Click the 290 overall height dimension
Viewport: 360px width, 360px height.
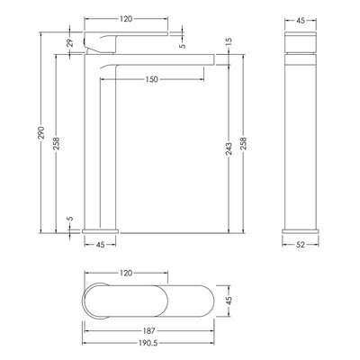click(x=41, y=132)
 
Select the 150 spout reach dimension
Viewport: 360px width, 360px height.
click(x=152, y=79)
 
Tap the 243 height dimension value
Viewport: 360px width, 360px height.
click(x=229, y=148)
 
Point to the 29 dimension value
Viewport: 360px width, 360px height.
click(x=70, y=43)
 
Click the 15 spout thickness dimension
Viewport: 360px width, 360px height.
click(x=229, y=41)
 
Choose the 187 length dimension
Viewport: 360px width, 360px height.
click(x=149, y=331)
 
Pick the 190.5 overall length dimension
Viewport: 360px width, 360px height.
click(x=148, y=343)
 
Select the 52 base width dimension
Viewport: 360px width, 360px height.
click(x=301, y=245)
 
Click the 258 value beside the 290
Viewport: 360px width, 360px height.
click(x=57, y=143)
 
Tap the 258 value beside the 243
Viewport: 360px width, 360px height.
click(x=243, y=143)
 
